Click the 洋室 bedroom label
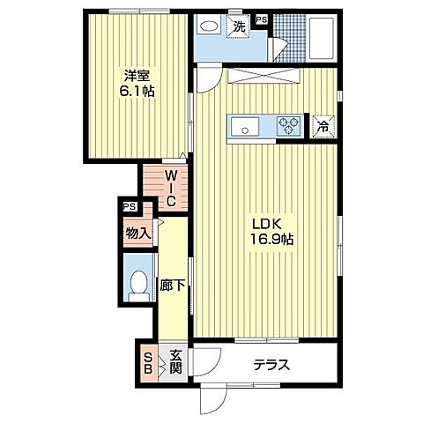click(137, 77)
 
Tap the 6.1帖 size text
click(137, 92)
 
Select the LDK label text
click(267, 224)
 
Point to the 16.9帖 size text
click(271, 239)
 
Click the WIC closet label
click(171, 189)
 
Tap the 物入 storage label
click(138, 234)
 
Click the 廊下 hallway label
click(173, 285)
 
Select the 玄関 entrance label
click(175, 361)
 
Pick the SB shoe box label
click(148, 363)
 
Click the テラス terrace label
click(271, 365)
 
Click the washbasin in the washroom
click(210, 26)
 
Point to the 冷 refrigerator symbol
click(323, 127)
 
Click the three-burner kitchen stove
click(289, 125)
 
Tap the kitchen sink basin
click(245, 126)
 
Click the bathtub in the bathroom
click(322, 37)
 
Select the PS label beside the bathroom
click(262, 19)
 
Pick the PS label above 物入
click(130, 206)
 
